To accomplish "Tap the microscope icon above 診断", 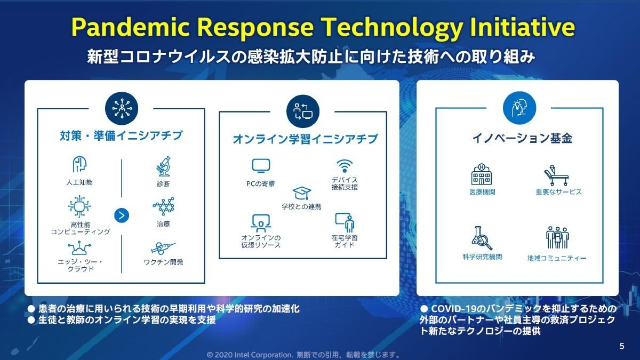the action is click(163, 166).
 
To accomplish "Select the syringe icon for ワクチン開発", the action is click(163, 249).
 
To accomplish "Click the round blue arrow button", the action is click(122, 215).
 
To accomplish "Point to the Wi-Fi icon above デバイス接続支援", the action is click(345, 166).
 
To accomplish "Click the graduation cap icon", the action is click(302, 193).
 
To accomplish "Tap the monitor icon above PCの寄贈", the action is click(261, 166).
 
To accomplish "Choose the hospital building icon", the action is click(482, 174).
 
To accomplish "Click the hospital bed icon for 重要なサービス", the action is click(556, 175).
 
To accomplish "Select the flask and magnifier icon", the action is click(482, 238).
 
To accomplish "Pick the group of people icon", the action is click(557, 238).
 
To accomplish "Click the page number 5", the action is click(622, 346).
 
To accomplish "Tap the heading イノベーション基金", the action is click(523, 138).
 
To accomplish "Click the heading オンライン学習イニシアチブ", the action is click(305, 139).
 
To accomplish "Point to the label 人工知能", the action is click(79, 182).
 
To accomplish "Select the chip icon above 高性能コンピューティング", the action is click(79, 206).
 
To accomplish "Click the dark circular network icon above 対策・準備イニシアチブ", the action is click(122, 108).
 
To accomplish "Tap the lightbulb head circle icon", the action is click(519, 108).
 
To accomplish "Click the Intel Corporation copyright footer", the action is click(303, 355).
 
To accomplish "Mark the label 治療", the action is click(163, 224).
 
